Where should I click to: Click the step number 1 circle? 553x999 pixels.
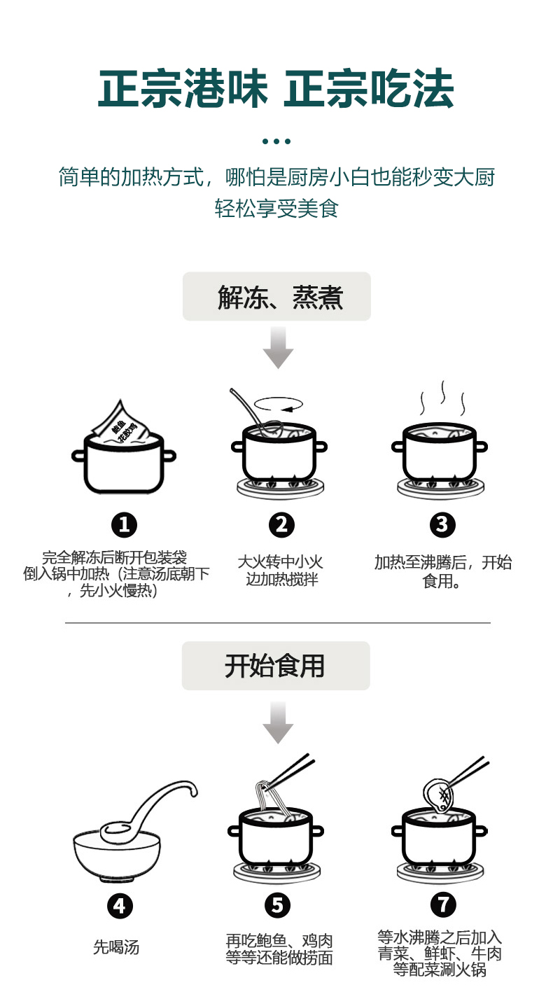point(124,524)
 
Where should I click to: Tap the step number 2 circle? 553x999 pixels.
point(281,524)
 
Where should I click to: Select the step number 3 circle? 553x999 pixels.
point(442,524)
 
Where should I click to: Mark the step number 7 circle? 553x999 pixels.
point(442,904)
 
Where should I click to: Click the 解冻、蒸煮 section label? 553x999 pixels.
point(276,297)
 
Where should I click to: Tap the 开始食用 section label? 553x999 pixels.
point(276,666)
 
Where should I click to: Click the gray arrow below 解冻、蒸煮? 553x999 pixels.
point(278,349)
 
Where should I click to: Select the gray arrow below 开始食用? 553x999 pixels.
point(278,722)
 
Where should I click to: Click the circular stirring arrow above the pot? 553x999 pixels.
point(278,403)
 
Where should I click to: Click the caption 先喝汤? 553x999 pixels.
point(116,948)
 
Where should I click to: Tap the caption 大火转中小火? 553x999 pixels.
point(280,562)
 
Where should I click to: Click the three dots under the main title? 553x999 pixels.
point(276,141)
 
